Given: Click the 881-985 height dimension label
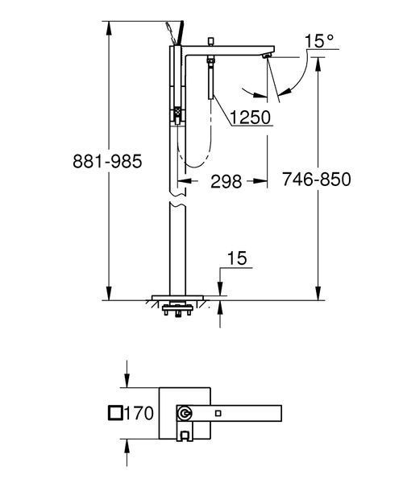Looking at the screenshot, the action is pyautogui.click(x=107, y=161).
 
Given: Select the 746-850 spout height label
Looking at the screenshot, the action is pyautogui.click(x=317, y=179).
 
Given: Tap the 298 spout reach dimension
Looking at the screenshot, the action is pyautogui.click(x=226, y=181).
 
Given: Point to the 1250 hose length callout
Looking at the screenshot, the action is pyautogui.click(x=251, y=118).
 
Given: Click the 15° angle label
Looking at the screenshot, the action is pyautogui.click(x=319, y=41).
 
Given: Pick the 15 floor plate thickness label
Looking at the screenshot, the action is pyautogui.click(x=237, y=258).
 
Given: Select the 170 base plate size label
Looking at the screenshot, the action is pyautogui.click(x=139, y=413).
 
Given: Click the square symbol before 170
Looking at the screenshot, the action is pyautogui.click(x=116, y=413).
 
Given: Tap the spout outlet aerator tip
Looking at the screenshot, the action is pyautogui.click(x=267, y=56).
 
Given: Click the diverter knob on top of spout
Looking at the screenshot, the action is pyautogui.click(x=211, y=42).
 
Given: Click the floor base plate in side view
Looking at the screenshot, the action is pyautogui.click(x=177, y=298).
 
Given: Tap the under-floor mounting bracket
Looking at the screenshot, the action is pyautogui.click(x=177, y=310).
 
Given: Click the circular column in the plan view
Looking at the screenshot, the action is pyautogui.click(x=185, y=413).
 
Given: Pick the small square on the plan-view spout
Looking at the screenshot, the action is pyautogui.click(x=218, y=413).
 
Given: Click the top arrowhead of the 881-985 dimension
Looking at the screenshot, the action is pyautogui.click(x=109, y=28).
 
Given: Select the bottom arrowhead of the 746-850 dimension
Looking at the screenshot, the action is pyautogui.click(x=318, y=293).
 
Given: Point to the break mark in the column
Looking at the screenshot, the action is pyautogui.click(x=177, y=200).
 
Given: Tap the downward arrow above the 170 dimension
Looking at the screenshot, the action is pyautogui.click(x=127, y=374).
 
